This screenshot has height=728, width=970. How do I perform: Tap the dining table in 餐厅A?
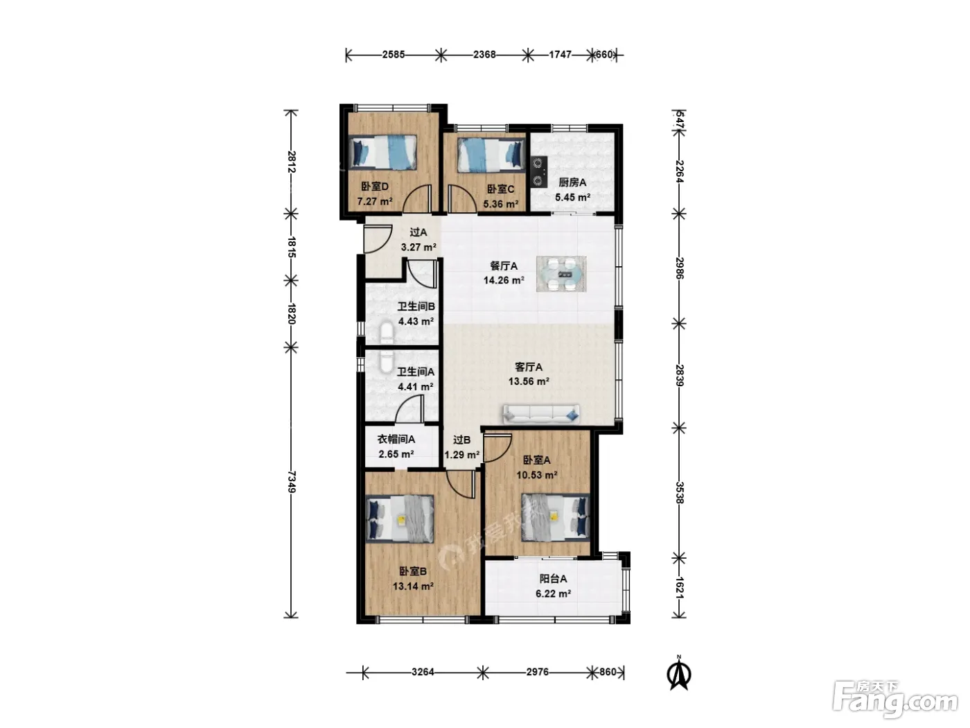(x=561, y=274)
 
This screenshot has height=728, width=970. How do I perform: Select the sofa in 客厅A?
(x=541, y=414)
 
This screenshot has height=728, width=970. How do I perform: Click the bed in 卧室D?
(x=382, y=153)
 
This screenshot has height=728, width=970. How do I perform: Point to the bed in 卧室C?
(x=491, y=155)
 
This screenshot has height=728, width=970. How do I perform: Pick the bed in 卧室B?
(x=400, y=519)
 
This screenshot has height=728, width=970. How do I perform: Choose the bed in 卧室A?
(x=556, y=518)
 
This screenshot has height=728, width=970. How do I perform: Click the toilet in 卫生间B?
(x=387, y=333)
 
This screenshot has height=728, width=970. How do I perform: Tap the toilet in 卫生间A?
(x=387, y=362)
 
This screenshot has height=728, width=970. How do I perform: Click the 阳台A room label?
(x=553, y=579)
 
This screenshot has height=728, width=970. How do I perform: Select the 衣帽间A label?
(x=396, y=440)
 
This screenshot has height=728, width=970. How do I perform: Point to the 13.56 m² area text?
(x=529, y=381)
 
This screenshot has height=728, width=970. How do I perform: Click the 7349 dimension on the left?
(x=291, y=482)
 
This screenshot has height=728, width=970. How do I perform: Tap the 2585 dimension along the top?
(x=394, y=54)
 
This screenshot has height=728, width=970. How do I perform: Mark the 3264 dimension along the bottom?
(x=423, y=672)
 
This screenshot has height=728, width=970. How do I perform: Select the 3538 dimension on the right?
(x=680, y=493)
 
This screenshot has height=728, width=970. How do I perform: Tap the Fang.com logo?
(x=895, y=700)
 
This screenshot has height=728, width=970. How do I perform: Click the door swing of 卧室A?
(x=498, y=448)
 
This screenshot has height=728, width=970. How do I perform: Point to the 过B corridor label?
(x=462, y=440)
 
